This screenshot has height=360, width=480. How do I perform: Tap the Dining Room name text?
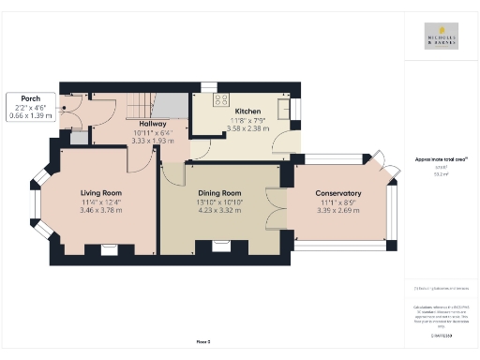point(219,192)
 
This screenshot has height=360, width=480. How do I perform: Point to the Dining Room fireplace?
point(221,247)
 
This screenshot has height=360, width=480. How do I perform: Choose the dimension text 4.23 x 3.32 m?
point(219,209)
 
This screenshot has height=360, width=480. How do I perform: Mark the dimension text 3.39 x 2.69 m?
point(336,209)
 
